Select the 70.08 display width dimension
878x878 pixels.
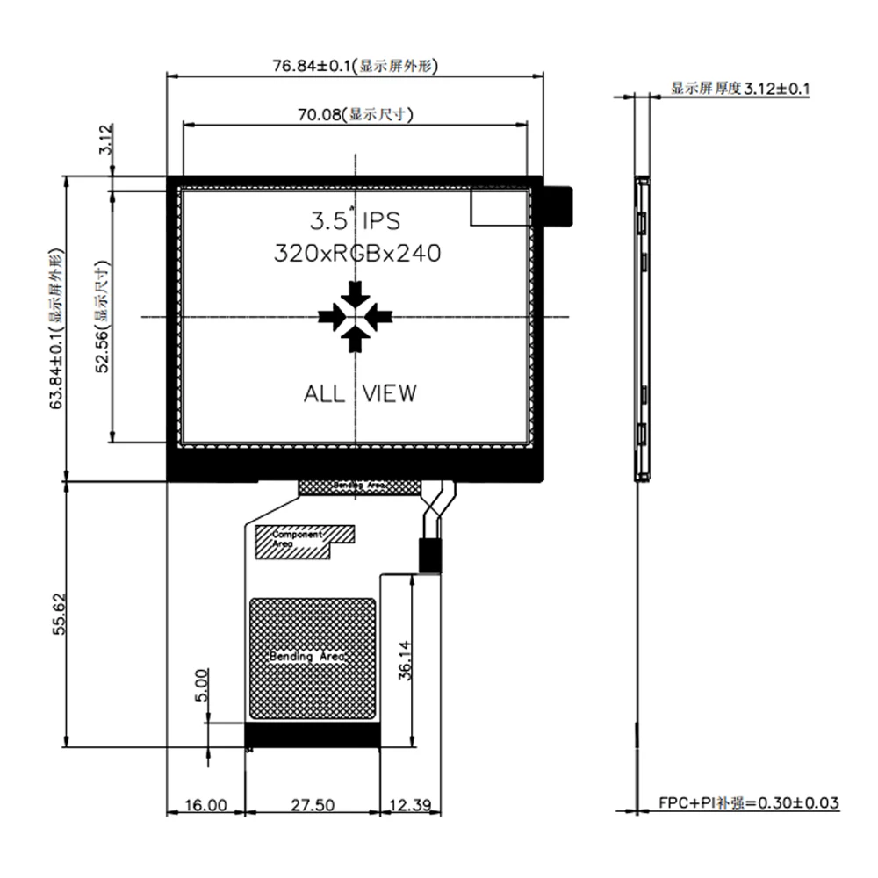click(x=356, y=113)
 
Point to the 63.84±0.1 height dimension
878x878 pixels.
click(x=56, y=329)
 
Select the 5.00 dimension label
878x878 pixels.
click(x=201, y=685)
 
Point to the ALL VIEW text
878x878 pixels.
click(x=360, y=393)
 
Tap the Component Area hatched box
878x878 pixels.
click(x=303, y=541)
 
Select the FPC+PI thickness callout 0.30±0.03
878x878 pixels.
click(x=749, y=802)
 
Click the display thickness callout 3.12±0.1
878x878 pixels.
click(x=740, y=89)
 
